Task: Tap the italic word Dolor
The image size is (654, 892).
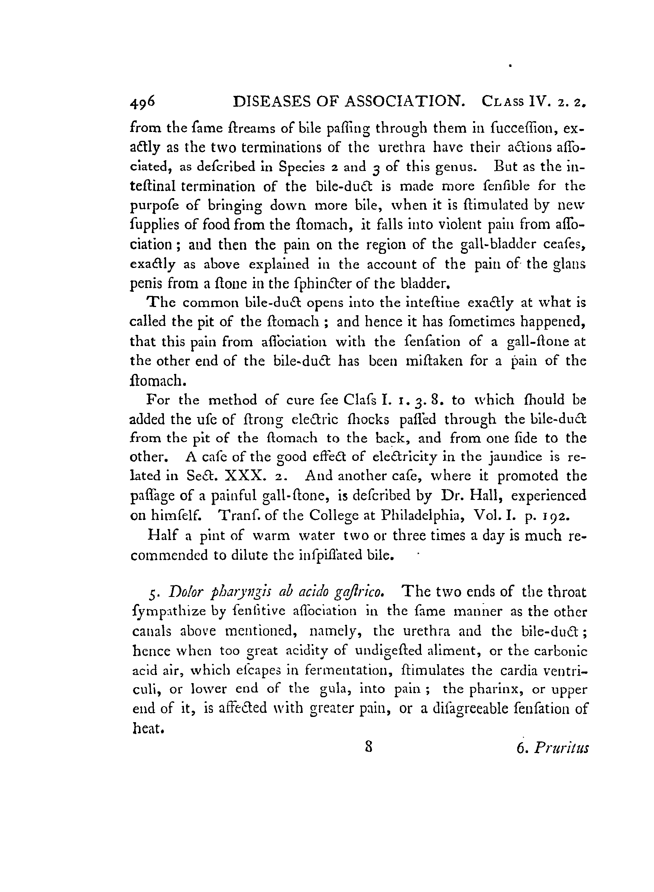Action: point(184,592)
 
